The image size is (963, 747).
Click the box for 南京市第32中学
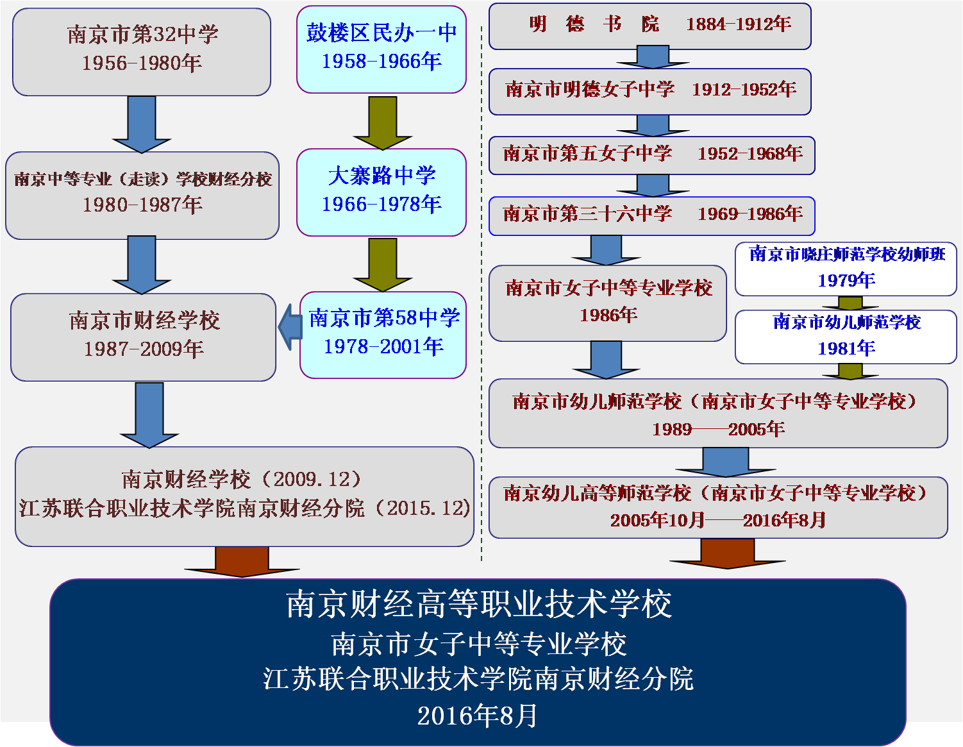click(x=141, y=52)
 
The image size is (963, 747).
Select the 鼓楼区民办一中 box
click(x=381, y=49)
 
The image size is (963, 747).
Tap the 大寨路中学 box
click(x=381, y=192)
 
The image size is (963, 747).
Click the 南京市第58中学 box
click(x=383, y=335)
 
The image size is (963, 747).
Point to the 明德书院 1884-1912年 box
click(x=649, y=26)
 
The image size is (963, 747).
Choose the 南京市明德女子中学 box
click(x=649, y=92)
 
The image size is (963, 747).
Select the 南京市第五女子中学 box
click(x=651, y=156)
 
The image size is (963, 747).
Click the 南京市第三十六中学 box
click(x=651, y=216)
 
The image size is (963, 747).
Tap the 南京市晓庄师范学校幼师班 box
click(x=846, y=269)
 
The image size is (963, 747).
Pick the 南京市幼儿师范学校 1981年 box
click(x=846, y=337)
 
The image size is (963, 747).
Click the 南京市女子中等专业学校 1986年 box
click(x=607, y=303)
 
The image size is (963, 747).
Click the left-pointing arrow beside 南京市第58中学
click(x=290, y=327)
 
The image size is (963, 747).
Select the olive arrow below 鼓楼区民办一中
click(x=383, y=123)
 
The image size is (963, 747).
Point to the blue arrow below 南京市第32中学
click(x=141, y=124)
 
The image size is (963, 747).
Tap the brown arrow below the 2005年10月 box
click(x=727, y=553)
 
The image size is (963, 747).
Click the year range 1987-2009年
click(x=144, y=349)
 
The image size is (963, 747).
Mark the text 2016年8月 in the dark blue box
click(x=477, y=716)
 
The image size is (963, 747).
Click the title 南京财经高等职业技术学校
click(x=479, y=605)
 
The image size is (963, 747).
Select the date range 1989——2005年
click(x=718, y=429)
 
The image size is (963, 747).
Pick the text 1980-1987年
click(x=142, y=205)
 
